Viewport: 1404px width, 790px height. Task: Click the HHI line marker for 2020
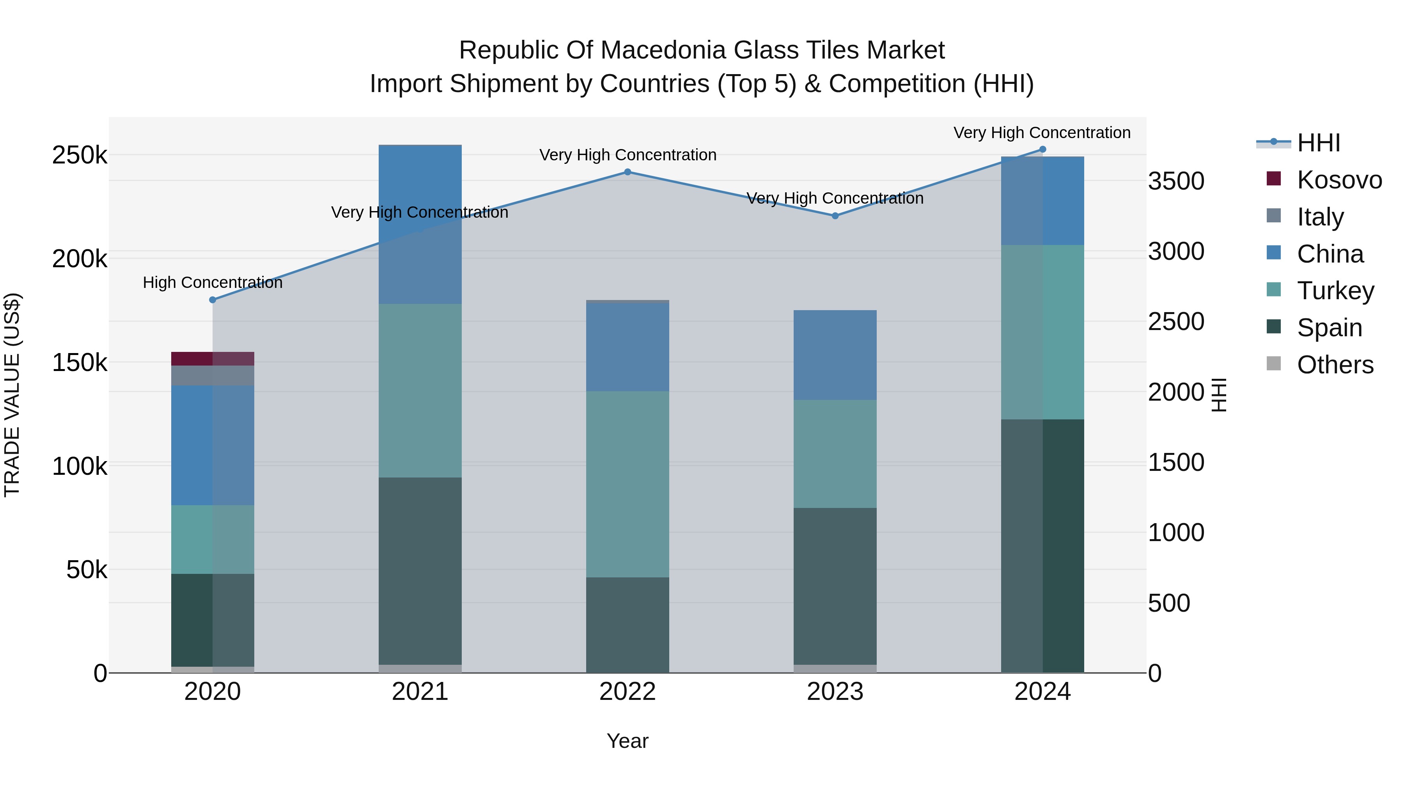coord(213,300)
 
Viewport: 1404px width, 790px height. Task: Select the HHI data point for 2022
coord(628,172)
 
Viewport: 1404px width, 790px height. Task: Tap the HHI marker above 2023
coord(835,216)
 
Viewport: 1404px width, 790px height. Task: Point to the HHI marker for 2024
coord(1042,149)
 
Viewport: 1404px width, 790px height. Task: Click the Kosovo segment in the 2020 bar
coord(213,359)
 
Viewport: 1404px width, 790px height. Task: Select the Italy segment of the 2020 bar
coord(213,376)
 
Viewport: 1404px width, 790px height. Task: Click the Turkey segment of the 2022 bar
coord(628,484)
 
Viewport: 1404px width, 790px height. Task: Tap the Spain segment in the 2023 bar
coord(835,586)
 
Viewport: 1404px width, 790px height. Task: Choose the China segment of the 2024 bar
coord(1042,201)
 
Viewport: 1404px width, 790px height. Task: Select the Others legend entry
coord(1335,365)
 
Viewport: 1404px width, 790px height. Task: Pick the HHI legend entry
coord(1318,143)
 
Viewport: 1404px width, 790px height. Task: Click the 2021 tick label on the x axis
coord(420,692)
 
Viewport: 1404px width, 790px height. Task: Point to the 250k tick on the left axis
coord(80,155)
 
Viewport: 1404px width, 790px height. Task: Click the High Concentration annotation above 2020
coord(213,282)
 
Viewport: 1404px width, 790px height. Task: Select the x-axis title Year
coord(628,741)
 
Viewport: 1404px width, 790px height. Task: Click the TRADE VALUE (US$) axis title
coord(12,395)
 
